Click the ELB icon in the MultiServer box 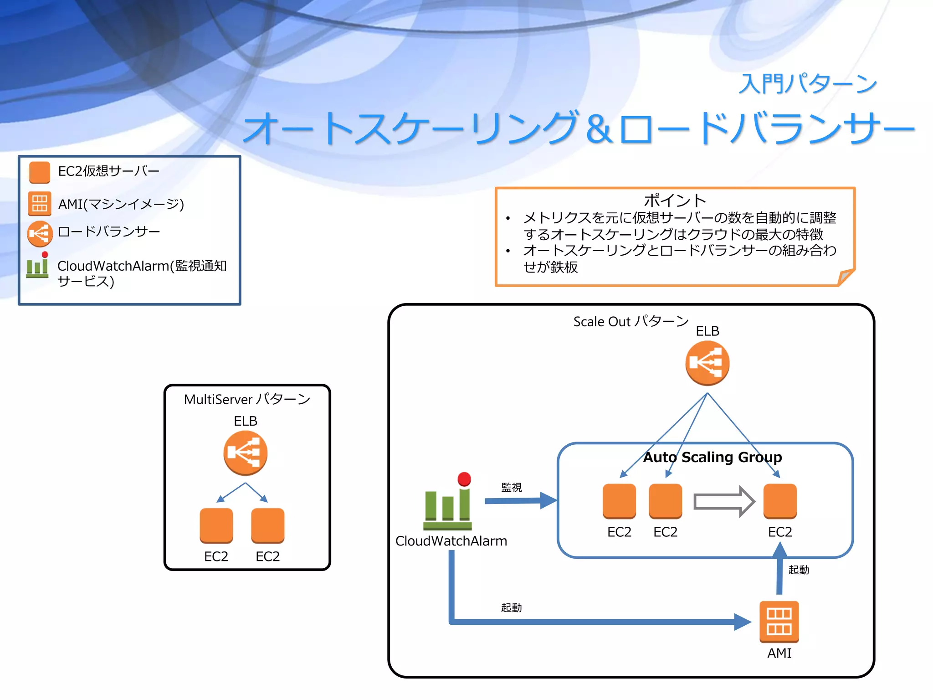[x=245, y=453]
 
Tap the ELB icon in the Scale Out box [x=707, y=363]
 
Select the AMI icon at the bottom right [x=779, y=622]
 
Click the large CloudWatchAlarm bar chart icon [x=447, y=503]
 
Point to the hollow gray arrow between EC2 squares [x=723, y=502]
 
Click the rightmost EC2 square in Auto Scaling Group [x=780, y=501]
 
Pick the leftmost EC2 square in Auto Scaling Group [x=619, y=501]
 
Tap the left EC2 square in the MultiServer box [x=216, y=525]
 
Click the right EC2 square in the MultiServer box [x=268, y=525]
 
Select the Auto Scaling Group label [x=712, y=457]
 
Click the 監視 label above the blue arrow [x=512, y=487]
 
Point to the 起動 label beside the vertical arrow [x=799, y=570]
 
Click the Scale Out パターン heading [x=631, y=321]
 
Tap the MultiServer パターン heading [x=247, y=399]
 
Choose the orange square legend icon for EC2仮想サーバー [x=40, y=172]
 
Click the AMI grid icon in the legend [x=40, y=203]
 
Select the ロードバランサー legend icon [x=40, y=233]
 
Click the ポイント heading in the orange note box [x=675, y=201]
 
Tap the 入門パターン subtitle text [x=807, y=84]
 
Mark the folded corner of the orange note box [x=846, y=276]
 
